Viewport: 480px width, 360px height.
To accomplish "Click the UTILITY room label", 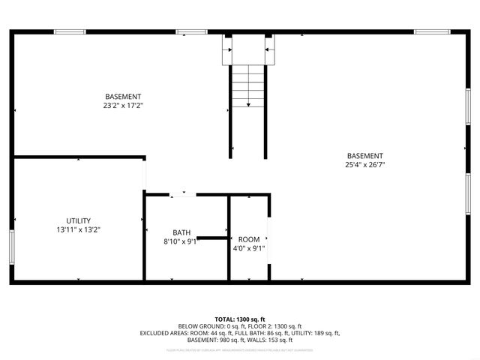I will (x=78, y=221).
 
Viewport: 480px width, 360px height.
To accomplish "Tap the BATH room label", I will (x=181, y=232).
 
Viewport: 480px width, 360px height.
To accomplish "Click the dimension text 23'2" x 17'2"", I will (x=123, y=106).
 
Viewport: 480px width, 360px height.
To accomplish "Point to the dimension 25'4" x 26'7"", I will (x=365, y=165).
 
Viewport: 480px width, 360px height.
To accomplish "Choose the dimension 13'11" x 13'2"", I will (x=78, y=230).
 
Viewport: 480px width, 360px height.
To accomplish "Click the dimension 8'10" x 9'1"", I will (x=181, y=241).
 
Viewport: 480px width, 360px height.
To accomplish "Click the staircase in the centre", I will (x=247, y=86).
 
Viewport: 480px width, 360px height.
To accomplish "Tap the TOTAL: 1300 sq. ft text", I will (x=239, y=319).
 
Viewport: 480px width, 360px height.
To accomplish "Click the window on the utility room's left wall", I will (x=12, y=244).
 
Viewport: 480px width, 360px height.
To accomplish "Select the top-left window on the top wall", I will (x=69, y=31).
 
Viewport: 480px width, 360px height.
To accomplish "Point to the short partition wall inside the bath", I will (x=213, y=238).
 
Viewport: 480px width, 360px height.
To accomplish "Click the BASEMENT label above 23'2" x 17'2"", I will (x=123, y=97).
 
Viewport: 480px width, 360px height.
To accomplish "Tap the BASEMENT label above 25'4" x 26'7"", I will (x=365, y=156).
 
